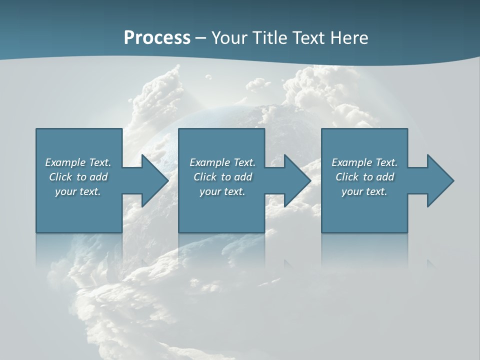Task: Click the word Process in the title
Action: point(157,38)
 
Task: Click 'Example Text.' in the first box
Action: point(78,162)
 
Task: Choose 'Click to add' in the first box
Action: point(78,177)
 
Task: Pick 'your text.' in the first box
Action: point(78,191)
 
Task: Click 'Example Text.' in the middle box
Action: point(222,162)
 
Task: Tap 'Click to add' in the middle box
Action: point(222,177)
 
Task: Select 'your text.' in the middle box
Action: point(222,191)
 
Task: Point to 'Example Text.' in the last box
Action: point(364,162)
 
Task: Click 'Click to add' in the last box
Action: point(364,177)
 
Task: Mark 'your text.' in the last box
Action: point(364,191)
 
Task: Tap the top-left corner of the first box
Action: point(36,129)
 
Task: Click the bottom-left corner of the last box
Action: point(322,232)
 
